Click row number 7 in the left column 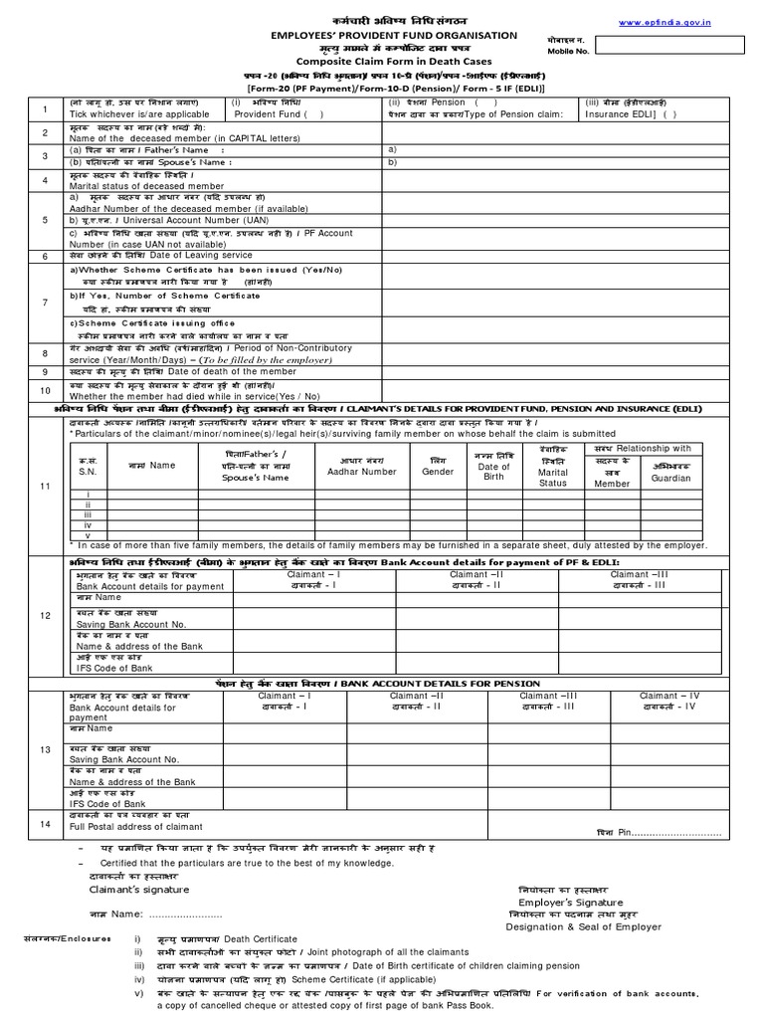pos(45,302)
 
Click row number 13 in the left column pos(45,749)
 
